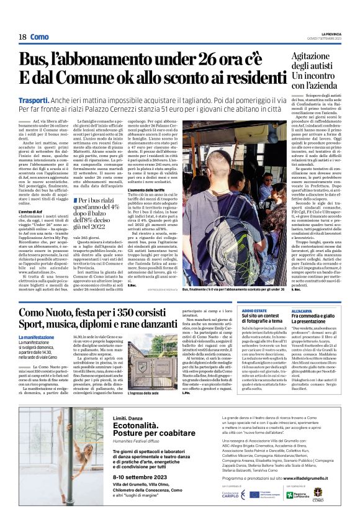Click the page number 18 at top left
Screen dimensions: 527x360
point(22,37)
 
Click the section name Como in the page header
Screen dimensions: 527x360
point(39,37)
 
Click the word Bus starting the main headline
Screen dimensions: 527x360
point(35,60)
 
